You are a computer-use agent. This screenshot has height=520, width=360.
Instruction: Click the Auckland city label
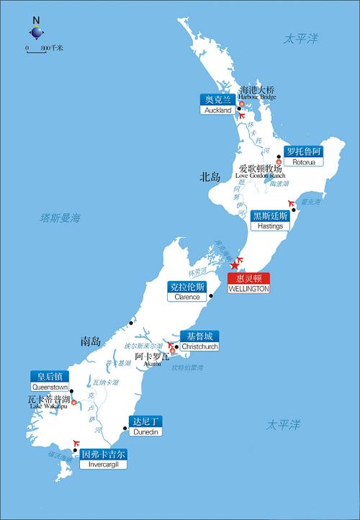click(217, 105)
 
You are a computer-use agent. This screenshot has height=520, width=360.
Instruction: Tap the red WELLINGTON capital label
click(248, 283)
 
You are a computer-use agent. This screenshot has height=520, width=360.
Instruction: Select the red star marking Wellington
click(233, 266)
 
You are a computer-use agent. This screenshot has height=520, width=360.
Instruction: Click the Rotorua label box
click(302, 156)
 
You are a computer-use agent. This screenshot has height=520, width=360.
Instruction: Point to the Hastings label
click(271, 220)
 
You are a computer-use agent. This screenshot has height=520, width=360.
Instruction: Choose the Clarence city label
click(186, 291)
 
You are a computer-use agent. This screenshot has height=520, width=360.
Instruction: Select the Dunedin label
click(146, 426)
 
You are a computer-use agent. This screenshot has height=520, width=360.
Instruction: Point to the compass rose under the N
click(37, 32)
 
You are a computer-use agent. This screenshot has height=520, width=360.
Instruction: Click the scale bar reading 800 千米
click(45, 48)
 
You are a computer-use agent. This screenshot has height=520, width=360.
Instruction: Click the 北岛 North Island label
click(210, 176)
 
